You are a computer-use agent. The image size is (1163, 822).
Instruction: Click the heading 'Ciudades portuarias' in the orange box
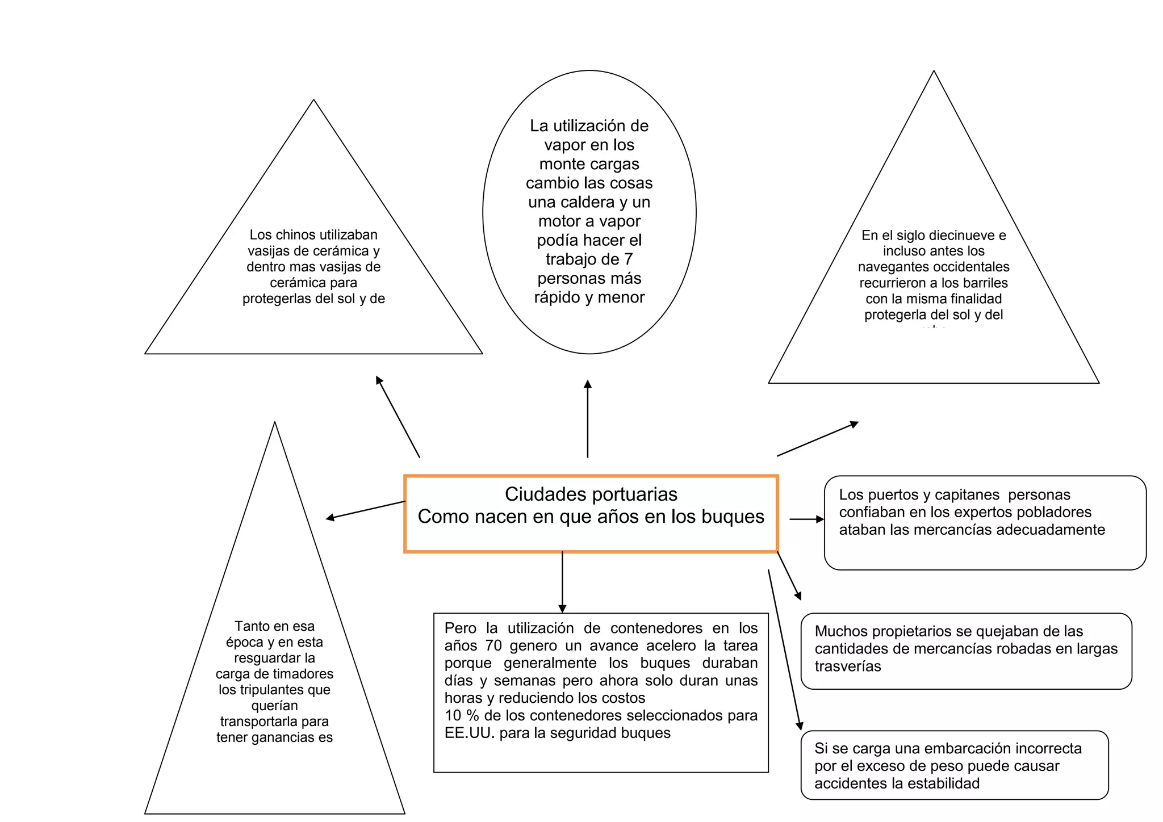point(591,494)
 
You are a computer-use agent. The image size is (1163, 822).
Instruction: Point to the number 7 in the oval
point(628,259)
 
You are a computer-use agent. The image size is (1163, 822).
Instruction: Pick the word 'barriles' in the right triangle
point(985,283)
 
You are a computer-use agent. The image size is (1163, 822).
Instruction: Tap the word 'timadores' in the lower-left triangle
point(305,674)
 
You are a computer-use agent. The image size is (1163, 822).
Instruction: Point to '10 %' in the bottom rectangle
point(461,716)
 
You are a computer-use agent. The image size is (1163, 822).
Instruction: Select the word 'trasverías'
point(848,666)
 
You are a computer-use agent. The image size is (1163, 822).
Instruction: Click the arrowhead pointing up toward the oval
point(588,384)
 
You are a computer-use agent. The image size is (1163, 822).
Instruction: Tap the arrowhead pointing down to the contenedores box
point(562,609)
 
